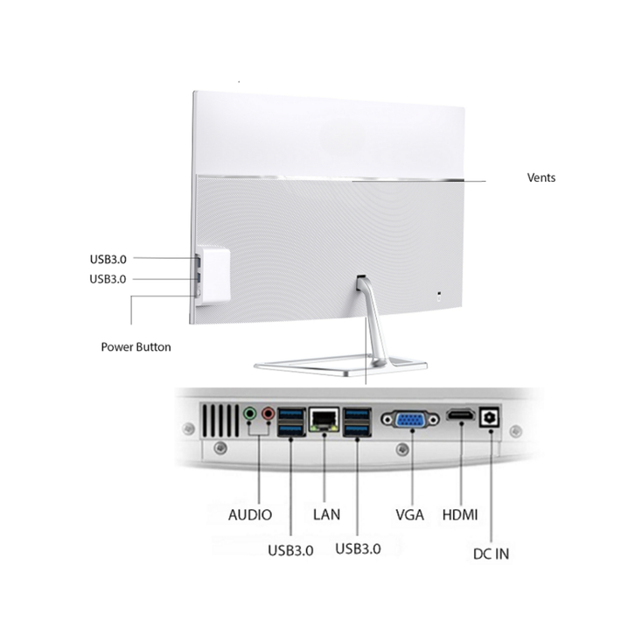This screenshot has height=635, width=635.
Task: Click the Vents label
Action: point(541,178)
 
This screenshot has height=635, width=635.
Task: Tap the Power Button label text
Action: point(136,347)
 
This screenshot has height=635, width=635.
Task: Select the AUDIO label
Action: point(250,514)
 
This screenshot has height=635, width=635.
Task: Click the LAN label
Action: point(326,514)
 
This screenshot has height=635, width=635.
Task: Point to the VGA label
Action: point(410,514)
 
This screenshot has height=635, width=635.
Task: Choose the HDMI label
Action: point(460,514)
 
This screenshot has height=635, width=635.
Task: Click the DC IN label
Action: point(491,554)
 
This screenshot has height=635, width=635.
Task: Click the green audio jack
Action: point(250,414)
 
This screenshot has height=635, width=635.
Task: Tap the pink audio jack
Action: point(268,414)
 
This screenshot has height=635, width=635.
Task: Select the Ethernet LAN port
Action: point(324,420)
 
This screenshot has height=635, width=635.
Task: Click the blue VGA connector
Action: point(410,420)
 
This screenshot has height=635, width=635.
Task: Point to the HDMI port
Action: point(461,415)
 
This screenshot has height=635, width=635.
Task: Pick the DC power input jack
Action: point(490,417)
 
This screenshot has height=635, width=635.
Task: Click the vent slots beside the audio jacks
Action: point(220,421)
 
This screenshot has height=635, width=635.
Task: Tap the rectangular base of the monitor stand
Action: point(340,364)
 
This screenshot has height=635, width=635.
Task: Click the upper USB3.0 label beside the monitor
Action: point(108,259)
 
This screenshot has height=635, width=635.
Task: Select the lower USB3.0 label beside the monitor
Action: point(108,279)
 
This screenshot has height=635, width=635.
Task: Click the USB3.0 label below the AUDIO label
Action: point(290,550)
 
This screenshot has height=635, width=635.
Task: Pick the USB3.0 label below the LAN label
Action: point(358,548)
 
